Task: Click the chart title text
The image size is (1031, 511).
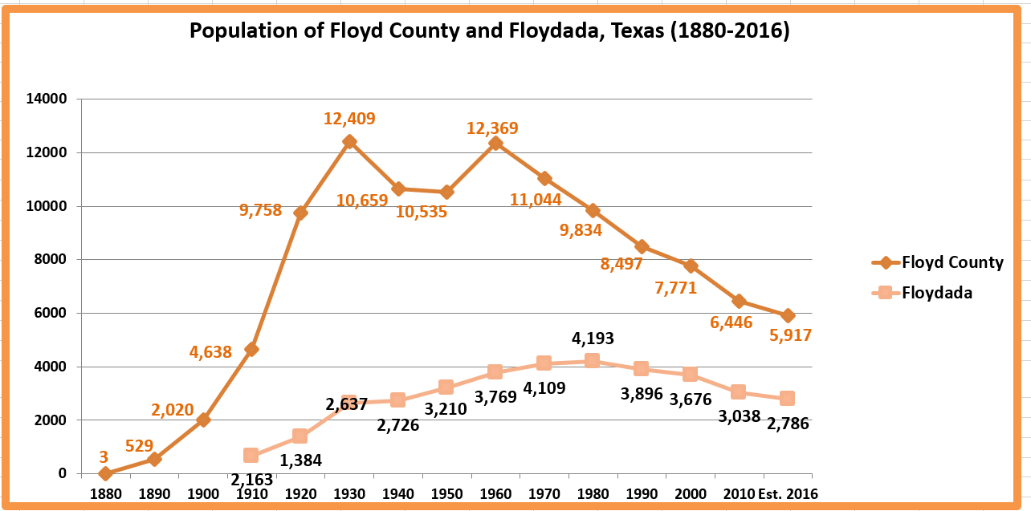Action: point(489,31)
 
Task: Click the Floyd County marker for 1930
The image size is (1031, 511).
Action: point(349,141)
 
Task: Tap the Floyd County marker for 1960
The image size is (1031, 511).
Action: point(495,143)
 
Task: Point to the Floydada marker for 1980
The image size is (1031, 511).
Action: point(593,360)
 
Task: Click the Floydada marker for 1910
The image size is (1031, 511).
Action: point(251,455)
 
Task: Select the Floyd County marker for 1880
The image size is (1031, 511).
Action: point(105,473)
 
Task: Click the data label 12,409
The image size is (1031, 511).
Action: point(349,119)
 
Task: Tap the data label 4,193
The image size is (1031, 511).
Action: point(593,338)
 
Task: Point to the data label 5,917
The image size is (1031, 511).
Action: point(790,335)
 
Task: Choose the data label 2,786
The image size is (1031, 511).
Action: point(787,424)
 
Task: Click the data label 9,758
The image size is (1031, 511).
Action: point(260,211)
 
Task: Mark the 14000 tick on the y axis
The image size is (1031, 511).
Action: point(47,99)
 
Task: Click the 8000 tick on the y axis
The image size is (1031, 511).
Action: point(51,260)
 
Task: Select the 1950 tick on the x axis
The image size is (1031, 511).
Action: point(446,493)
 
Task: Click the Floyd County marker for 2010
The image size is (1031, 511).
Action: point(739,301)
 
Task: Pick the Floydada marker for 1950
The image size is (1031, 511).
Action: point(446,387)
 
